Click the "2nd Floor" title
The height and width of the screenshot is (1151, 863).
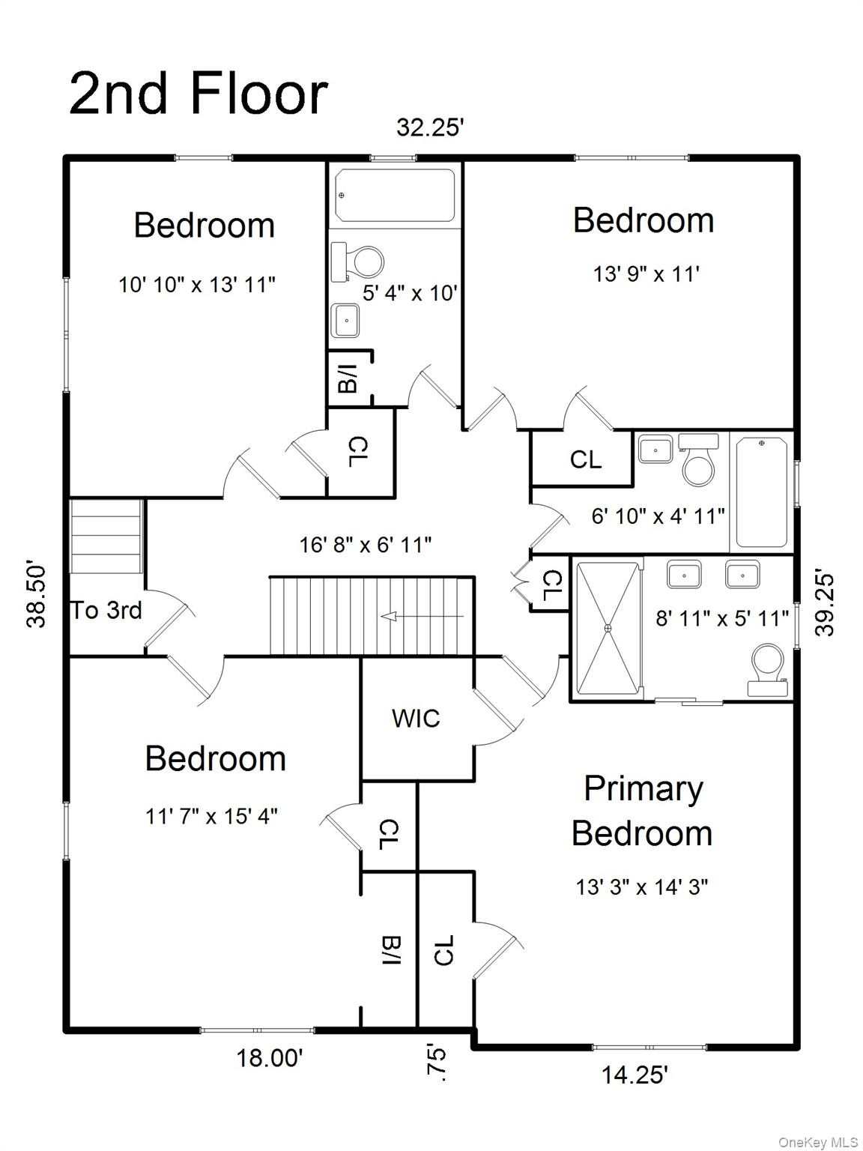(x=199, y=94)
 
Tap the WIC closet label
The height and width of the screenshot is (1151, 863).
(x=416, y=719)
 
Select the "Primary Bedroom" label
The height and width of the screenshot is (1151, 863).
(x=643, y=811)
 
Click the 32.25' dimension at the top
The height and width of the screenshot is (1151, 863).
(x=431, y=127)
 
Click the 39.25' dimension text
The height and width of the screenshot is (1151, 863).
(x=825, y=604)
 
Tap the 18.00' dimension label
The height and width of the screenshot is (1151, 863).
(x=270, y=1058)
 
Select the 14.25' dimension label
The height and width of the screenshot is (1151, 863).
(x=635, y=1075)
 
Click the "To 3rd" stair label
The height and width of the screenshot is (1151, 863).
(x=106, y=611)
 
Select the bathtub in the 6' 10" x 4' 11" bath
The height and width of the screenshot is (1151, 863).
(x=762, y=492)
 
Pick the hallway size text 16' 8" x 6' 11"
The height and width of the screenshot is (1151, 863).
(x=366, y=545)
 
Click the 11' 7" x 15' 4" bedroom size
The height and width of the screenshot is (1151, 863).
(x=211, y=816)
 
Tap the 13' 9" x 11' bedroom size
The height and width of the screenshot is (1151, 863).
(x=646, y=274)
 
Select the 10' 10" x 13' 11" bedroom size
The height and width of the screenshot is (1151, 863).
(x=197, y=285)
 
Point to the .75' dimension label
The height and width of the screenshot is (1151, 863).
(x=436, y=1063)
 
